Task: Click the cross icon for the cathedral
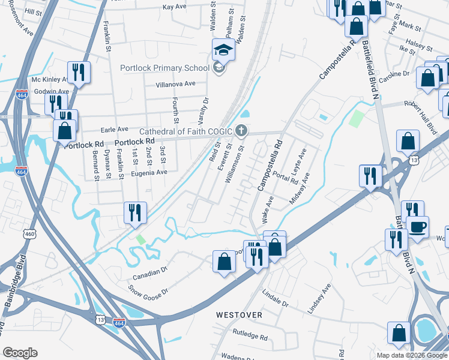coord(241,130)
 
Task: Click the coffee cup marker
coord(417,227)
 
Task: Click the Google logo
coord(20,353)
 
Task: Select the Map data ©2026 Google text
coord(411,355)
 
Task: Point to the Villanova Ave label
coord(176,84)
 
